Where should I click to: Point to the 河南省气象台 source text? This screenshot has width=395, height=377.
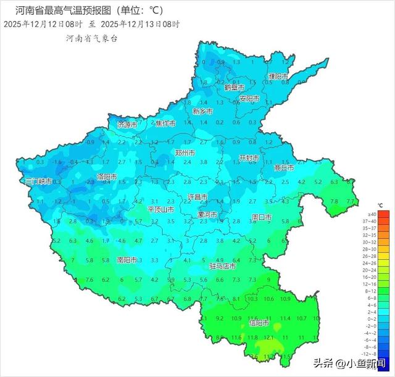[91, 38]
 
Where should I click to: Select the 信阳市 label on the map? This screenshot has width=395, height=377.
[259, 323]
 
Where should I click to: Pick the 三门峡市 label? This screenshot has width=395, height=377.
[38, 181]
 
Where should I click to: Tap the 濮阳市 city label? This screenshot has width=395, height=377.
[278, 77]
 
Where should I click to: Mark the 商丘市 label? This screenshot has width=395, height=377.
[284, 167]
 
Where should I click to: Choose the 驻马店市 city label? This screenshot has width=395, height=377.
[223, 267]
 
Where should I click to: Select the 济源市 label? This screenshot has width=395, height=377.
[127, 125]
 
